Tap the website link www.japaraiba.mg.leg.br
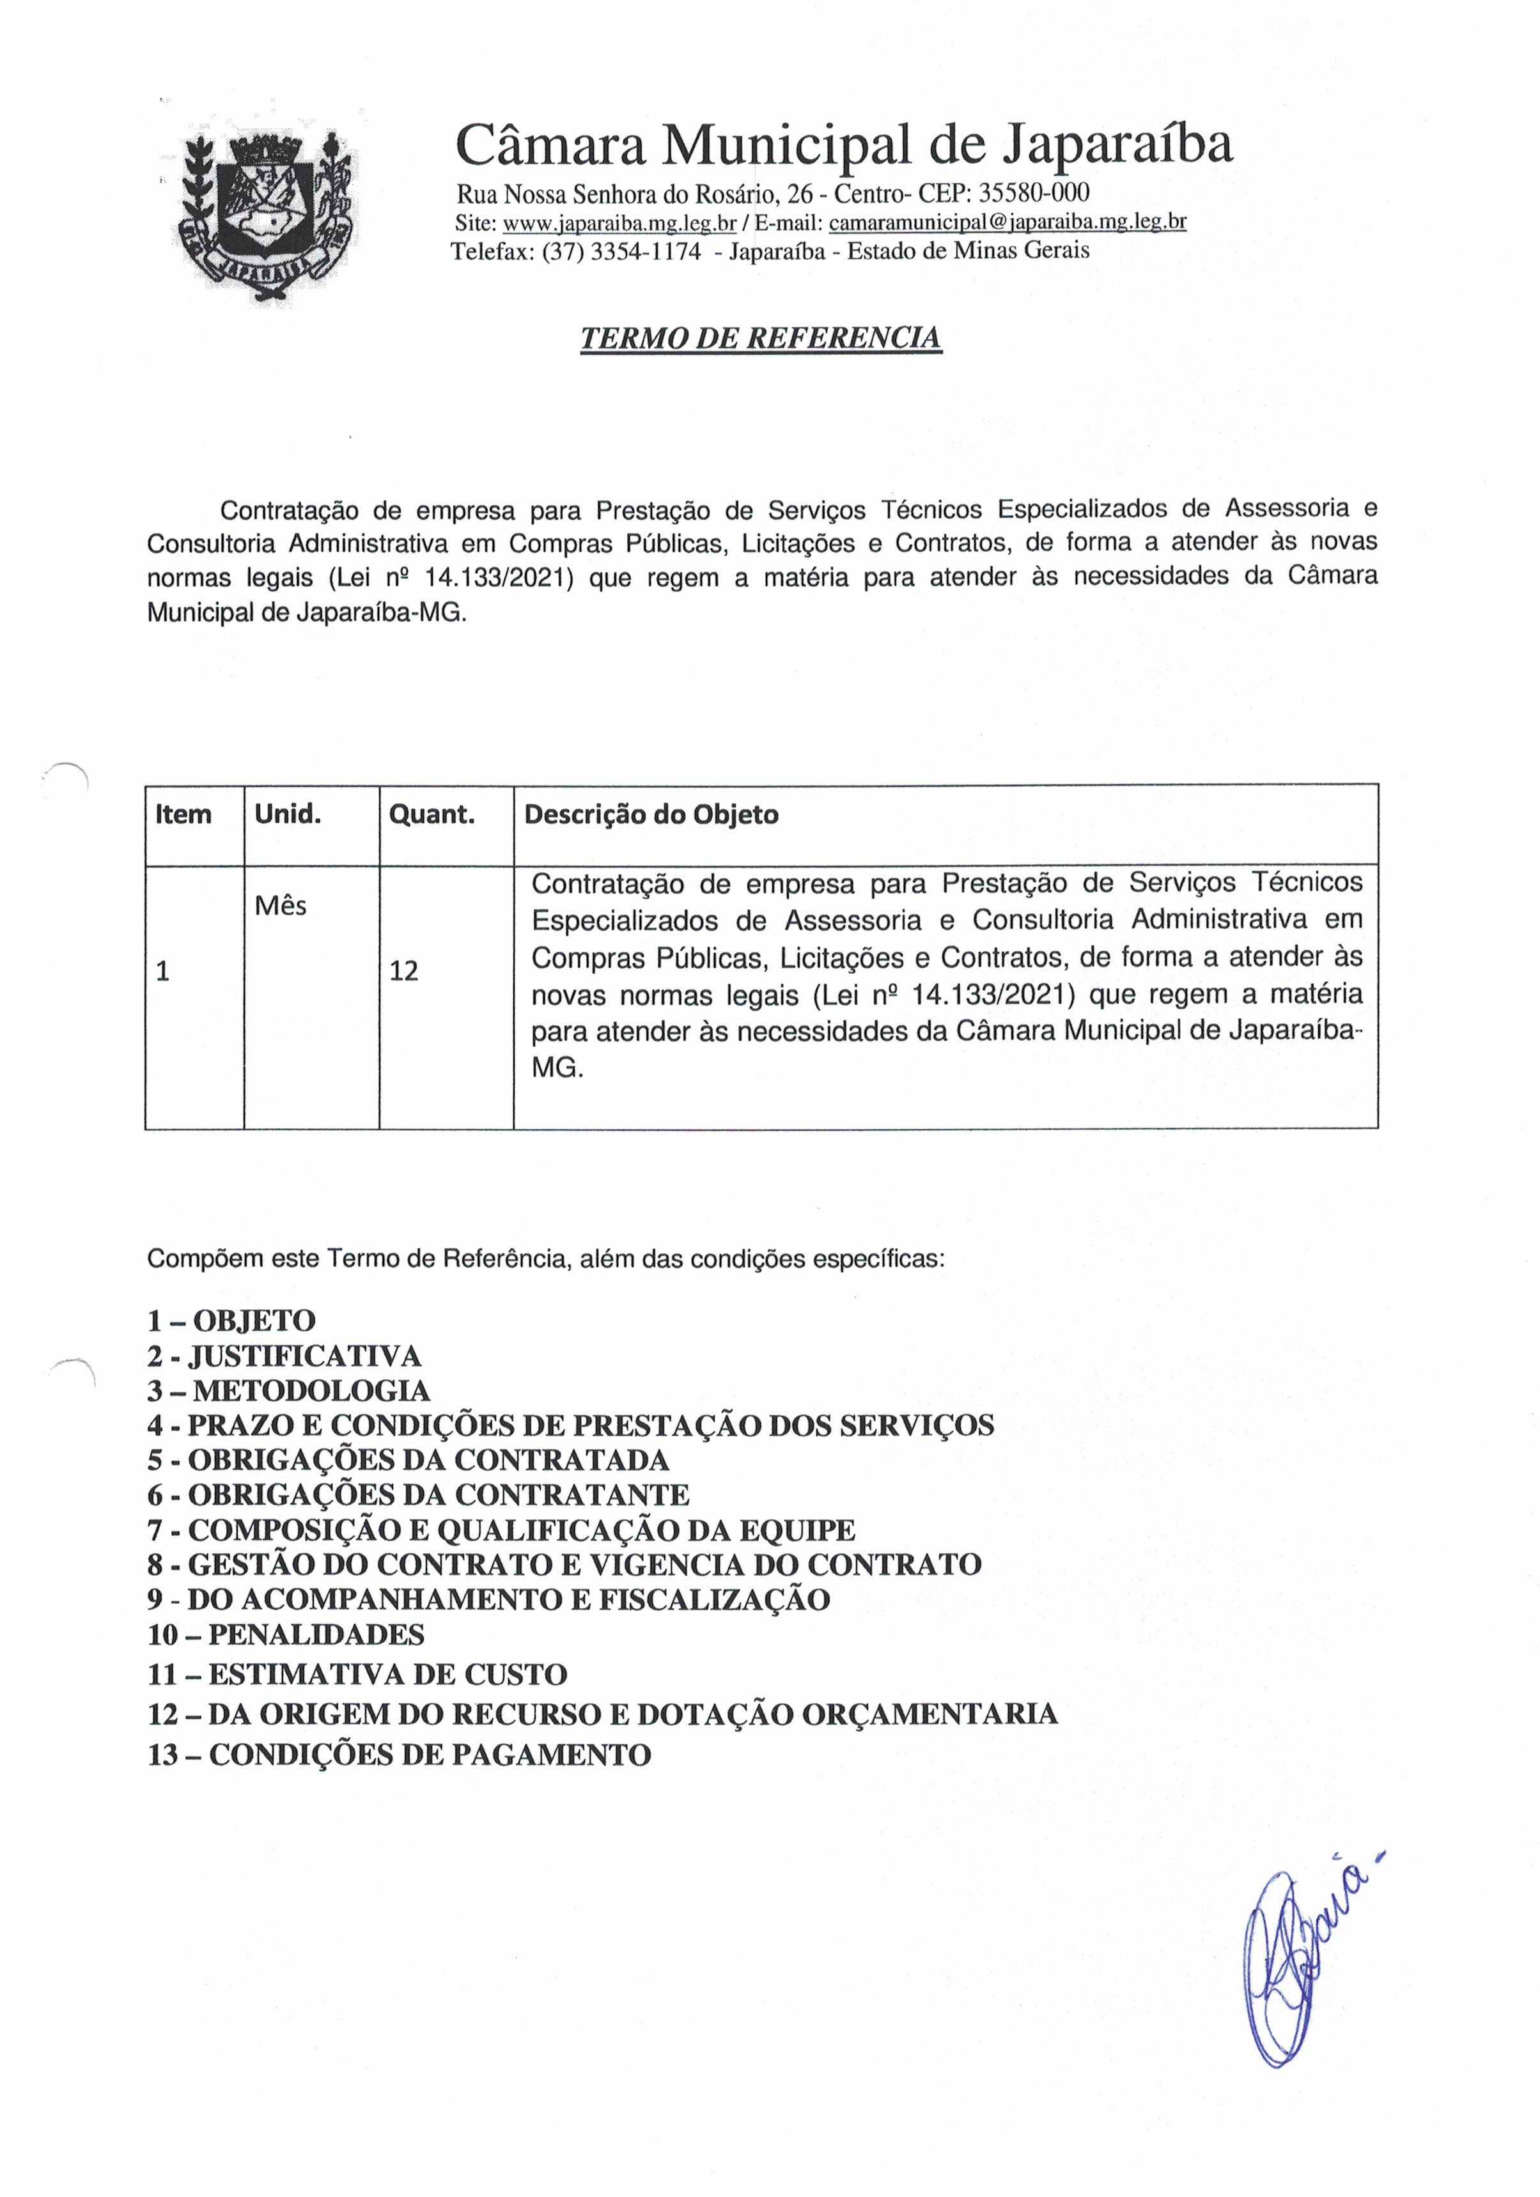(x=619, y=223)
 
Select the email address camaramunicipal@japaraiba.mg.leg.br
(x=1007, y=223)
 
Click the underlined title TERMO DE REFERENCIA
(x=761, y=339)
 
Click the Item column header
(x=183, y=815)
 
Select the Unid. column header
(x=287, y=815)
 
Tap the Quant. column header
(x=432, y=815)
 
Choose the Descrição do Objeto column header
(x=651, y=815)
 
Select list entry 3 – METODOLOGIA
(x=288, y=1390)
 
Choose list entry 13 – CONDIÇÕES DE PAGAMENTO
(x=399, y=1755)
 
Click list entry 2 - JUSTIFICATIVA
(x=284, y=1356)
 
